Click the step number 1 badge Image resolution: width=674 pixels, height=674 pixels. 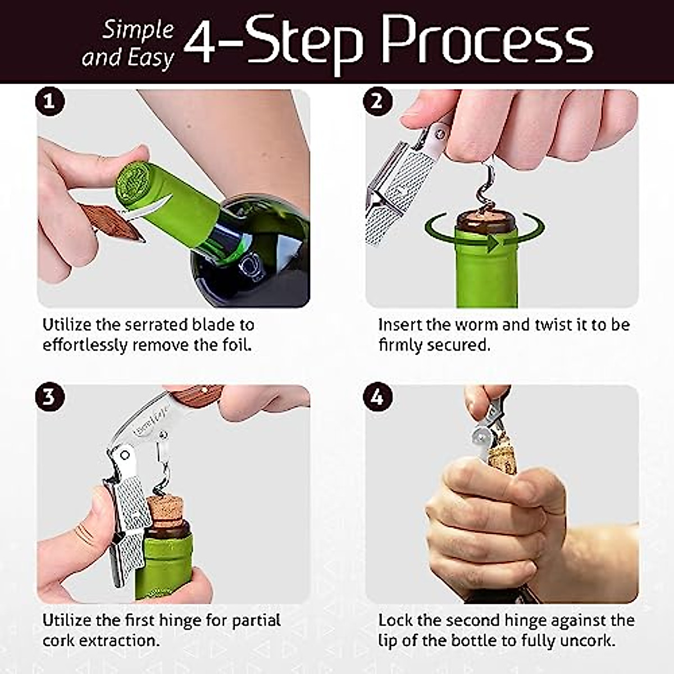[50, 102]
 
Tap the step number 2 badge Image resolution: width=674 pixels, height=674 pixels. [377, 102]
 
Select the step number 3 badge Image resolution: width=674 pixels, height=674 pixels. [50, 397]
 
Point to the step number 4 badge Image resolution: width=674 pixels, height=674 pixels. [377, 397]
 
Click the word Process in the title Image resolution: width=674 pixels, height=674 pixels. [486, 40]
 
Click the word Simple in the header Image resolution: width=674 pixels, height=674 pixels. [138, 30]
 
